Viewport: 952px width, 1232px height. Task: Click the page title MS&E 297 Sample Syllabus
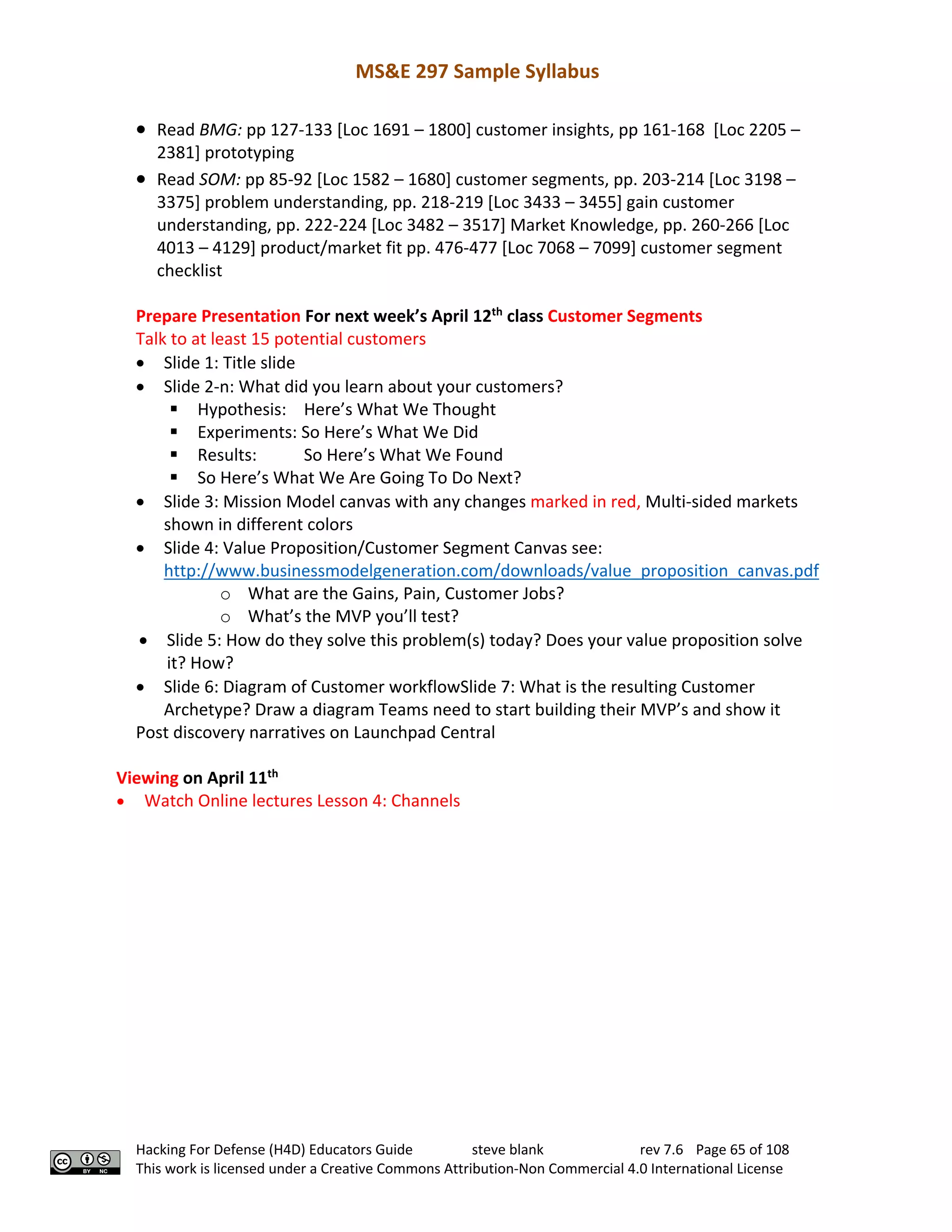click(x=476, y=72)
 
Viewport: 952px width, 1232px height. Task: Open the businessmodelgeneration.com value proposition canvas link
click(x=491, y=571)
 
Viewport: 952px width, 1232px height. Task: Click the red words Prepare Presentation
click(x=218, y=316)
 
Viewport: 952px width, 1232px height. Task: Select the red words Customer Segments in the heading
click(x=624, y=316)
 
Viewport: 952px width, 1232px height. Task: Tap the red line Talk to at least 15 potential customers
click(x=280, y=339)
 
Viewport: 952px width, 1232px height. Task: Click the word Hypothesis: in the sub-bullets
click(x=241, y=410)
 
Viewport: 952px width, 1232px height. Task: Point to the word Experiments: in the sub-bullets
click(x=246, y=432)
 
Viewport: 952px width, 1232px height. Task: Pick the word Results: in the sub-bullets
click(x=227, y=455)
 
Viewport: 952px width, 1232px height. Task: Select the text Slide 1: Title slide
click(x=229, y=363)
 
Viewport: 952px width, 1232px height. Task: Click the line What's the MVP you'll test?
click(x=353, y=616)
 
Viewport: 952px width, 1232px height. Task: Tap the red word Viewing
click(x=147, y=778)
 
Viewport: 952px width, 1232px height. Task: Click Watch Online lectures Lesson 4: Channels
click(x=302, y=801)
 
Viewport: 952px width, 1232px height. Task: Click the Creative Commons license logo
click(x=85, y=1162)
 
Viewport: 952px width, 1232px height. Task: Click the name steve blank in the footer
click(x=507, y=1150)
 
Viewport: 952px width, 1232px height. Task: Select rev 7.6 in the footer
click(x=661, y=1150)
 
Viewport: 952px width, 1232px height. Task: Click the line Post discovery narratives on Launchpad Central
click(x=315, y=732)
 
